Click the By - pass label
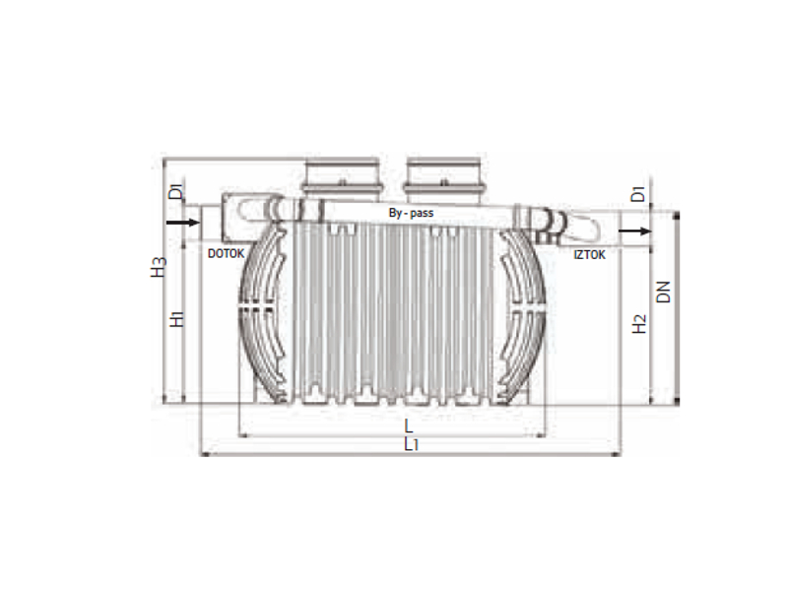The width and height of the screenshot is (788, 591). pos(411,213)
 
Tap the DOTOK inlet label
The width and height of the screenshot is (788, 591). pos(227,254)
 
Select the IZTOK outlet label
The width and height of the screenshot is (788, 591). pos(589,255)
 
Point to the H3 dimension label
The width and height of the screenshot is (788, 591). pos(159,267)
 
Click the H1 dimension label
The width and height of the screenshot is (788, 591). pos(177,319)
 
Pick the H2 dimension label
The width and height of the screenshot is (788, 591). pos(638,324)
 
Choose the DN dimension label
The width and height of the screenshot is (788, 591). pos(663,292)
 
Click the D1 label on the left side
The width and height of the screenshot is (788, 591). pos(176,192)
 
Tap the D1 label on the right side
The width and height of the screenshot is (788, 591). pos(637,194)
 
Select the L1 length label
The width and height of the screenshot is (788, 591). pos(411,444)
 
